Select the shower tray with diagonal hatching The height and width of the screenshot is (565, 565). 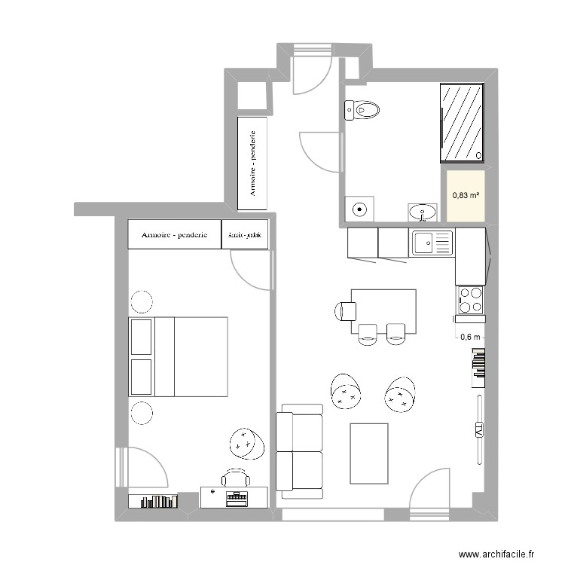(461, 122)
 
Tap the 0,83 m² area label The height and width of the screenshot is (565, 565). (466, 195)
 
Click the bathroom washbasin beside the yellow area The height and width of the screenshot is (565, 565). (425, 212)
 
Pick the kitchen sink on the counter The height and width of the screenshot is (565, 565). (431, 243)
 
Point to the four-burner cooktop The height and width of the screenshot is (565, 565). (470, 299)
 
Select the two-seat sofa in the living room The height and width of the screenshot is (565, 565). (299, 451)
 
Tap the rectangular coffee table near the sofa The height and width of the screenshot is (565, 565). (369, 452)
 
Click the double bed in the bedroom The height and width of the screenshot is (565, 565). (179, 356)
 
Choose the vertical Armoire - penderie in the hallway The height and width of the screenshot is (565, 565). (254, 163)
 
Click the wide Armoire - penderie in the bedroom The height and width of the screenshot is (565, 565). (174, 234)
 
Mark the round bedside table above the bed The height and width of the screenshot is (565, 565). (141, 302)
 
